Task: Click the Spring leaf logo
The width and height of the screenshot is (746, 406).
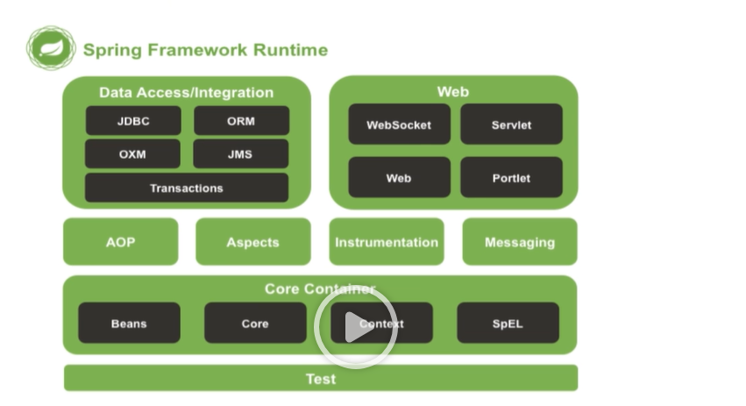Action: [51, 48]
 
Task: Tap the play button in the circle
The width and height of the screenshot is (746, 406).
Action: [356, 326]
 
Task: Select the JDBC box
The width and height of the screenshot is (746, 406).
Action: [133, 121]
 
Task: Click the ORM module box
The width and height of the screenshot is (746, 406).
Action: [241, 121]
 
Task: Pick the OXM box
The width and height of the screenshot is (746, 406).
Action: [133, 153]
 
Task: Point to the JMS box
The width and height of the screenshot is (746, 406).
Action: [241, 153]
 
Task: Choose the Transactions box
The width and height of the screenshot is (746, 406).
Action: [187, 188]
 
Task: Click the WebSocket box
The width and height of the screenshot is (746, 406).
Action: [399, 125]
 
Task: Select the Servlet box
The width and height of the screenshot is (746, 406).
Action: [511, 125]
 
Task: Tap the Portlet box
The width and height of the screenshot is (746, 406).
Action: [511, 178]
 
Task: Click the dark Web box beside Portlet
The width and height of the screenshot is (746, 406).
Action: [399, 178]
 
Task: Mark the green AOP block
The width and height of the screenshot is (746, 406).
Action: [121, 242]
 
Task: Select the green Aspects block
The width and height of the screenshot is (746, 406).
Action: [252, 242]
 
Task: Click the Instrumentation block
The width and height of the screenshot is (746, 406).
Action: [387, 242]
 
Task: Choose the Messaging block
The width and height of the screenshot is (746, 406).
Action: [520, 242]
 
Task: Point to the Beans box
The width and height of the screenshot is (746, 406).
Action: [129, 324]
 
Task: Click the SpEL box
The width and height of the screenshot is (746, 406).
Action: [508, 324]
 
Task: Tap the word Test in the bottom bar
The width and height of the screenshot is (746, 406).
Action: [321, 379]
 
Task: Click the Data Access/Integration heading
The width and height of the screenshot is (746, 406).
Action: [187, 92]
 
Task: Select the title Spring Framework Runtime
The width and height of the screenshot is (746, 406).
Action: [205, 50]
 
